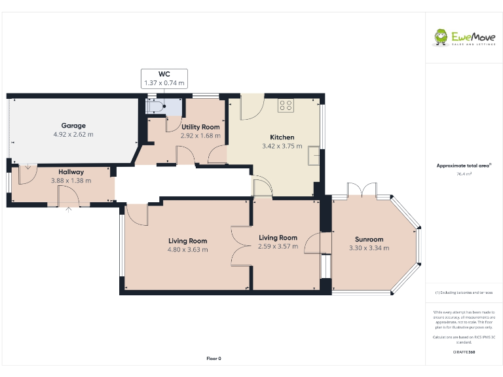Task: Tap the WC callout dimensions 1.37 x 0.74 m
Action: (164, 83)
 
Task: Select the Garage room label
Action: (73, 126)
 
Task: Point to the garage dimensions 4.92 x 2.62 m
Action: (73, 134)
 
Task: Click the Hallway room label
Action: (71, 172)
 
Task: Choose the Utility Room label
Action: (200, 127)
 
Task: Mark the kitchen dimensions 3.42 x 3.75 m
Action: (282, 146)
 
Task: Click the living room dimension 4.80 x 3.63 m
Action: (187, 249)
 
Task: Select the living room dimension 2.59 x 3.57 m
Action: (278, 247)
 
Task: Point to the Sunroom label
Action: (369, 240)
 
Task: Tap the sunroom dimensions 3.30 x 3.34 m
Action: (369, 248)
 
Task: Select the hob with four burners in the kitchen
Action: (286, 105)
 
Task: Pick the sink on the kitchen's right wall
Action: (315, 155)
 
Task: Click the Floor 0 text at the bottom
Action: (214, 359)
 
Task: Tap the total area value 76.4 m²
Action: (464, 174)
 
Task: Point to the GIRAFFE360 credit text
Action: (464, 353)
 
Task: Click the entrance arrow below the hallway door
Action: (68, 210)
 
